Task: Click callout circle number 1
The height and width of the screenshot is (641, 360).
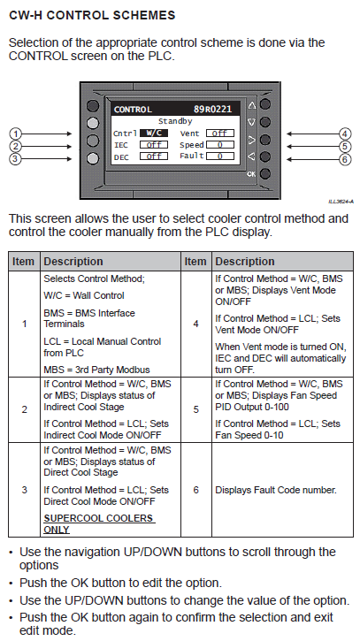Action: (x=15, y=134)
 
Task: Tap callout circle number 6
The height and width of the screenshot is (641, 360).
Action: (x=345, y=159)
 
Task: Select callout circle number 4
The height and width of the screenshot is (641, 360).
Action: (x=345, y=134)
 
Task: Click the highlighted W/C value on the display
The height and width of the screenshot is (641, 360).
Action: (x=154, y=134)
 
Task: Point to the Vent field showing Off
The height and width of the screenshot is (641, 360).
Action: (x=220, y=134)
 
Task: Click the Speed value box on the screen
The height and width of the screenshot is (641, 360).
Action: (x=220, y=145)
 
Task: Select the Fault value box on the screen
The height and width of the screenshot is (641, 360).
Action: (x=220, y=156)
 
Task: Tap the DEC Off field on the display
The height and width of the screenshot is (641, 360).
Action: (x=154, y=156)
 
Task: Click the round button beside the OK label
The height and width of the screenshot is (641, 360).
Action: (x=265, y=174)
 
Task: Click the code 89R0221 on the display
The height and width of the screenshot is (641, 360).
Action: (x=212, y=109)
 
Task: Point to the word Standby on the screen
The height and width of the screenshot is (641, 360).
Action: (x=175, y=121)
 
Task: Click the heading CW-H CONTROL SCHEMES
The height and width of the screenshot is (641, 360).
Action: (x=92, y=16)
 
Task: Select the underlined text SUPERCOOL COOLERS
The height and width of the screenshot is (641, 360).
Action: (x=98, y=518)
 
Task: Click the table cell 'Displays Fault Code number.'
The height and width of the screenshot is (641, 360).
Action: (x=276, y=490)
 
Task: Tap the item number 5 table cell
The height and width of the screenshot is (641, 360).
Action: (x=196, y=409)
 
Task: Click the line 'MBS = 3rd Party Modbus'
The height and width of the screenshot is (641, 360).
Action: (x=96, y=370)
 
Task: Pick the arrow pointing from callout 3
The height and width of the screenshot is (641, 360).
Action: (x=47, y=159)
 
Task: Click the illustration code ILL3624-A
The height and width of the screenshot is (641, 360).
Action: (x=341, y=202)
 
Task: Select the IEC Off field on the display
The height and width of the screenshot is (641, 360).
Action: (x=154, y=145)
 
